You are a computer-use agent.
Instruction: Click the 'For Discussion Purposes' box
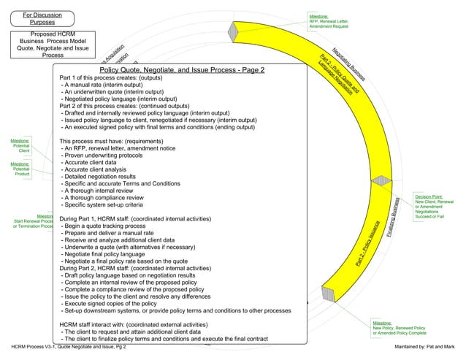(42, 20)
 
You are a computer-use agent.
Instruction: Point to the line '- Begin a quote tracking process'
(110, 228)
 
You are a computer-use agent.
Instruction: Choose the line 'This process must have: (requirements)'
(114, 141)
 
